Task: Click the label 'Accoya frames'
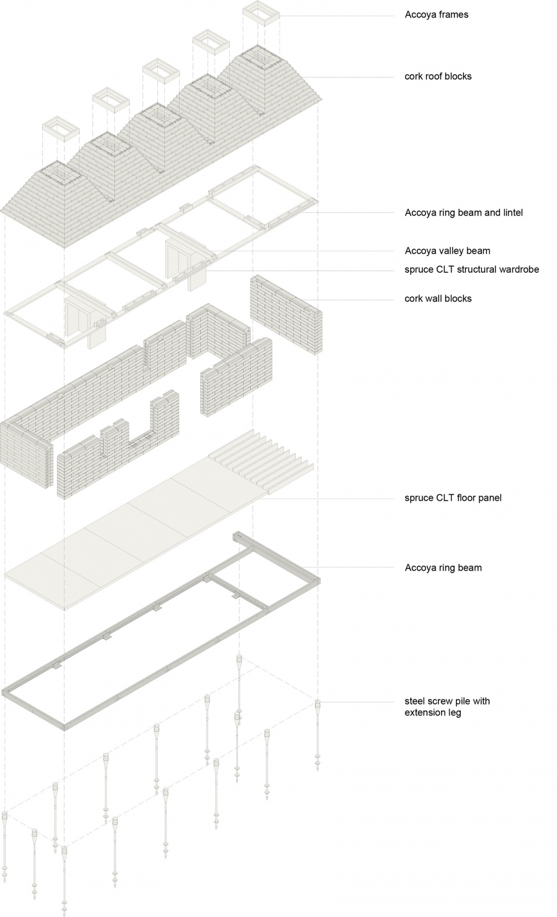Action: [x=436, y=15]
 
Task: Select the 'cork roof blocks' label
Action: [x=438, y=77]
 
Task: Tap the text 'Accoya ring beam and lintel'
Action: [x=464, y=213]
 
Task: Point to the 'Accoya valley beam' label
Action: [x=447, y=251]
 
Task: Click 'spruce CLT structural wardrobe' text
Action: [x=472, y=270]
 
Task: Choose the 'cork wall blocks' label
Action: [x=438, y=299]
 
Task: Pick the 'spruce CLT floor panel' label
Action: [x=453, y=498]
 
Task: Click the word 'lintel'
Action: [x=512, y=213]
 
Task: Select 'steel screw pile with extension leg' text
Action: [x=447, y=707]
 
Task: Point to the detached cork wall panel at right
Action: [x=286, y=314]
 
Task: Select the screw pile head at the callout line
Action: [x=318, y=704]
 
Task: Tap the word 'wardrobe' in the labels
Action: [x=519, y=270]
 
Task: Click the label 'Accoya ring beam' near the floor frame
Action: [x=443, y=568]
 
